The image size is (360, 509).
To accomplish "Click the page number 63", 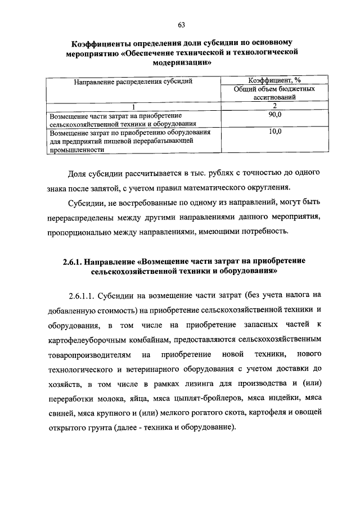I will point(181,25).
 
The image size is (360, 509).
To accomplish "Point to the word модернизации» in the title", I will point(181,64).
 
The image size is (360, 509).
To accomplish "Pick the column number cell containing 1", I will point(133,106).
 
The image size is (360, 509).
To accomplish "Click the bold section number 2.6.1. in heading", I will point(73,262).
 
